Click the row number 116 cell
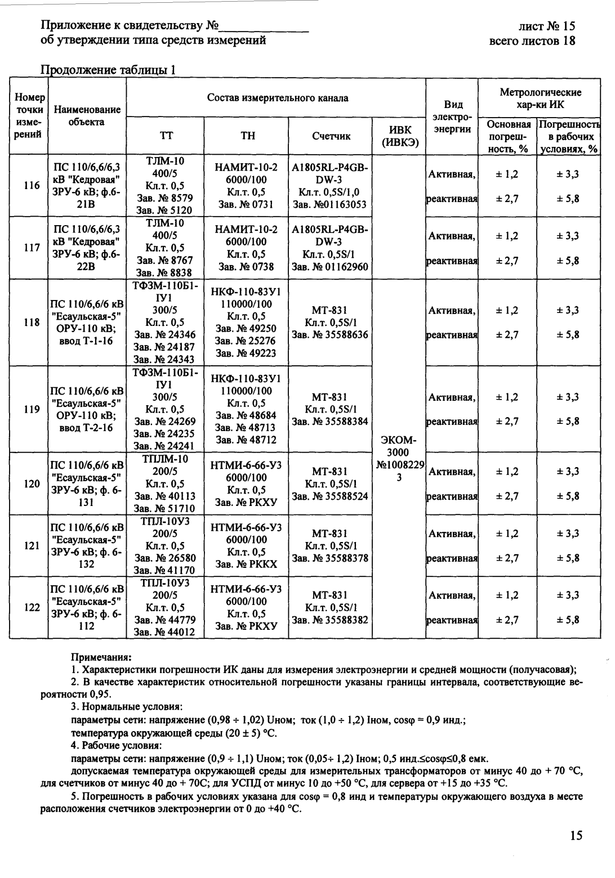click(28, 186)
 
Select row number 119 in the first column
click(28, 409)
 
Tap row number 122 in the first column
click(28, 607)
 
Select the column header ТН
click(248, 136)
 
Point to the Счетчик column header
click(331, 136)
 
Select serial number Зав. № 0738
click(247, 266)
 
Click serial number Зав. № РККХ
click(247, 564)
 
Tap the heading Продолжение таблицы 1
click(109, 70)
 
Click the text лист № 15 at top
click(547, 26)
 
